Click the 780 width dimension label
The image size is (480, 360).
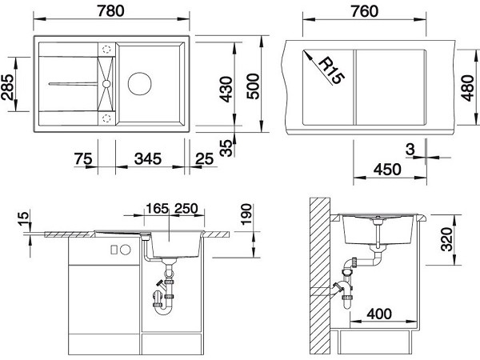point(111,10)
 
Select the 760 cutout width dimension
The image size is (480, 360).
point(365,11)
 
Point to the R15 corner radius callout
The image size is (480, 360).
point(331,70)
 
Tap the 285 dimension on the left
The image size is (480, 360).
point(7,87)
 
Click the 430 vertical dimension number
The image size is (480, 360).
point(226,89)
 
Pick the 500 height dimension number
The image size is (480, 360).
point(254,86)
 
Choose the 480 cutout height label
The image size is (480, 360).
point(467,88)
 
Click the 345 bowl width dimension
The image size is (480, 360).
point(148,159)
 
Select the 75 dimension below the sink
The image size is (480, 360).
point(83,159)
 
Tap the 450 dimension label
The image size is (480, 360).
point(387,170)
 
